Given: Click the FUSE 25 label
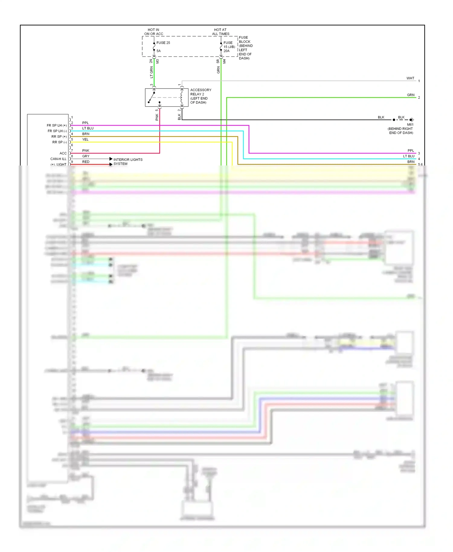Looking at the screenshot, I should [163, 43].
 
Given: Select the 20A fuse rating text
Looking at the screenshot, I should [226, 51].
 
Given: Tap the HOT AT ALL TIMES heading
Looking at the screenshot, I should [220, 32].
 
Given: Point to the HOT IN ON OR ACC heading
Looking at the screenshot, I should [153, 32].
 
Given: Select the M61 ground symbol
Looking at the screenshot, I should [411, 120].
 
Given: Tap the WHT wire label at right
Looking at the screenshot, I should [410, 78].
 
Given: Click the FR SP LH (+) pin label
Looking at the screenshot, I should [56, 125].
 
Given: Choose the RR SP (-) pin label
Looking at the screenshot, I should [59, 142].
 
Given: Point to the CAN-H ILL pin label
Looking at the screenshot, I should [58, 159].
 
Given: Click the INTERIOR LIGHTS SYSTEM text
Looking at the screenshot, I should [127, 162].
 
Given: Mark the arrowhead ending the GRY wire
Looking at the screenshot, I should [111, 159].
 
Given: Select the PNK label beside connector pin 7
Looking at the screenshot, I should [86, 150].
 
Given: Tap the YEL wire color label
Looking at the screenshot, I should [85, 140].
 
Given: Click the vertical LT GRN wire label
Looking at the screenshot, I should [152, 72].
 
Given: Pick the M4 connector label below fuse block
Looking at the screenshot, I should [224, 61].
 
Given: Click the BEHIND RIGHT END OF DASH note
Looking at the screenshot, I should [400, 131].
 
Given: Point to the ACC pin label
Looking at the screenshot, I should [63, 153].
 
